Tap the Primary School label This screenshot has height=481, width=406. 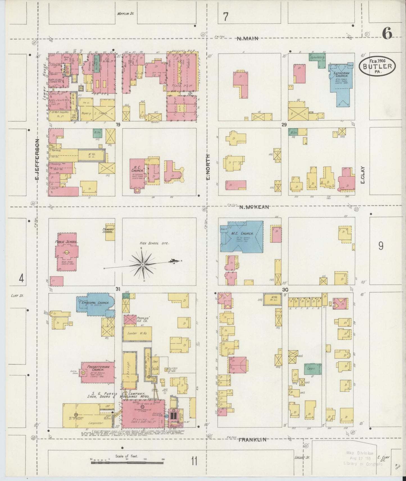[x=108, y=231]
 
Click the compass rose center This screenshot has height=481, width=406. [x=143, y=265]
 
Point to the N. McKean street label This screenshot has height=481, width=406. [x=254, y=207]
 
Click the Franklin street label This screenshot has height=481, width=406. [x=252, y=440]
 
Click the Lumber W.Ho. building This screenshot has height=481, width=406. [x=137, y=333]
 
